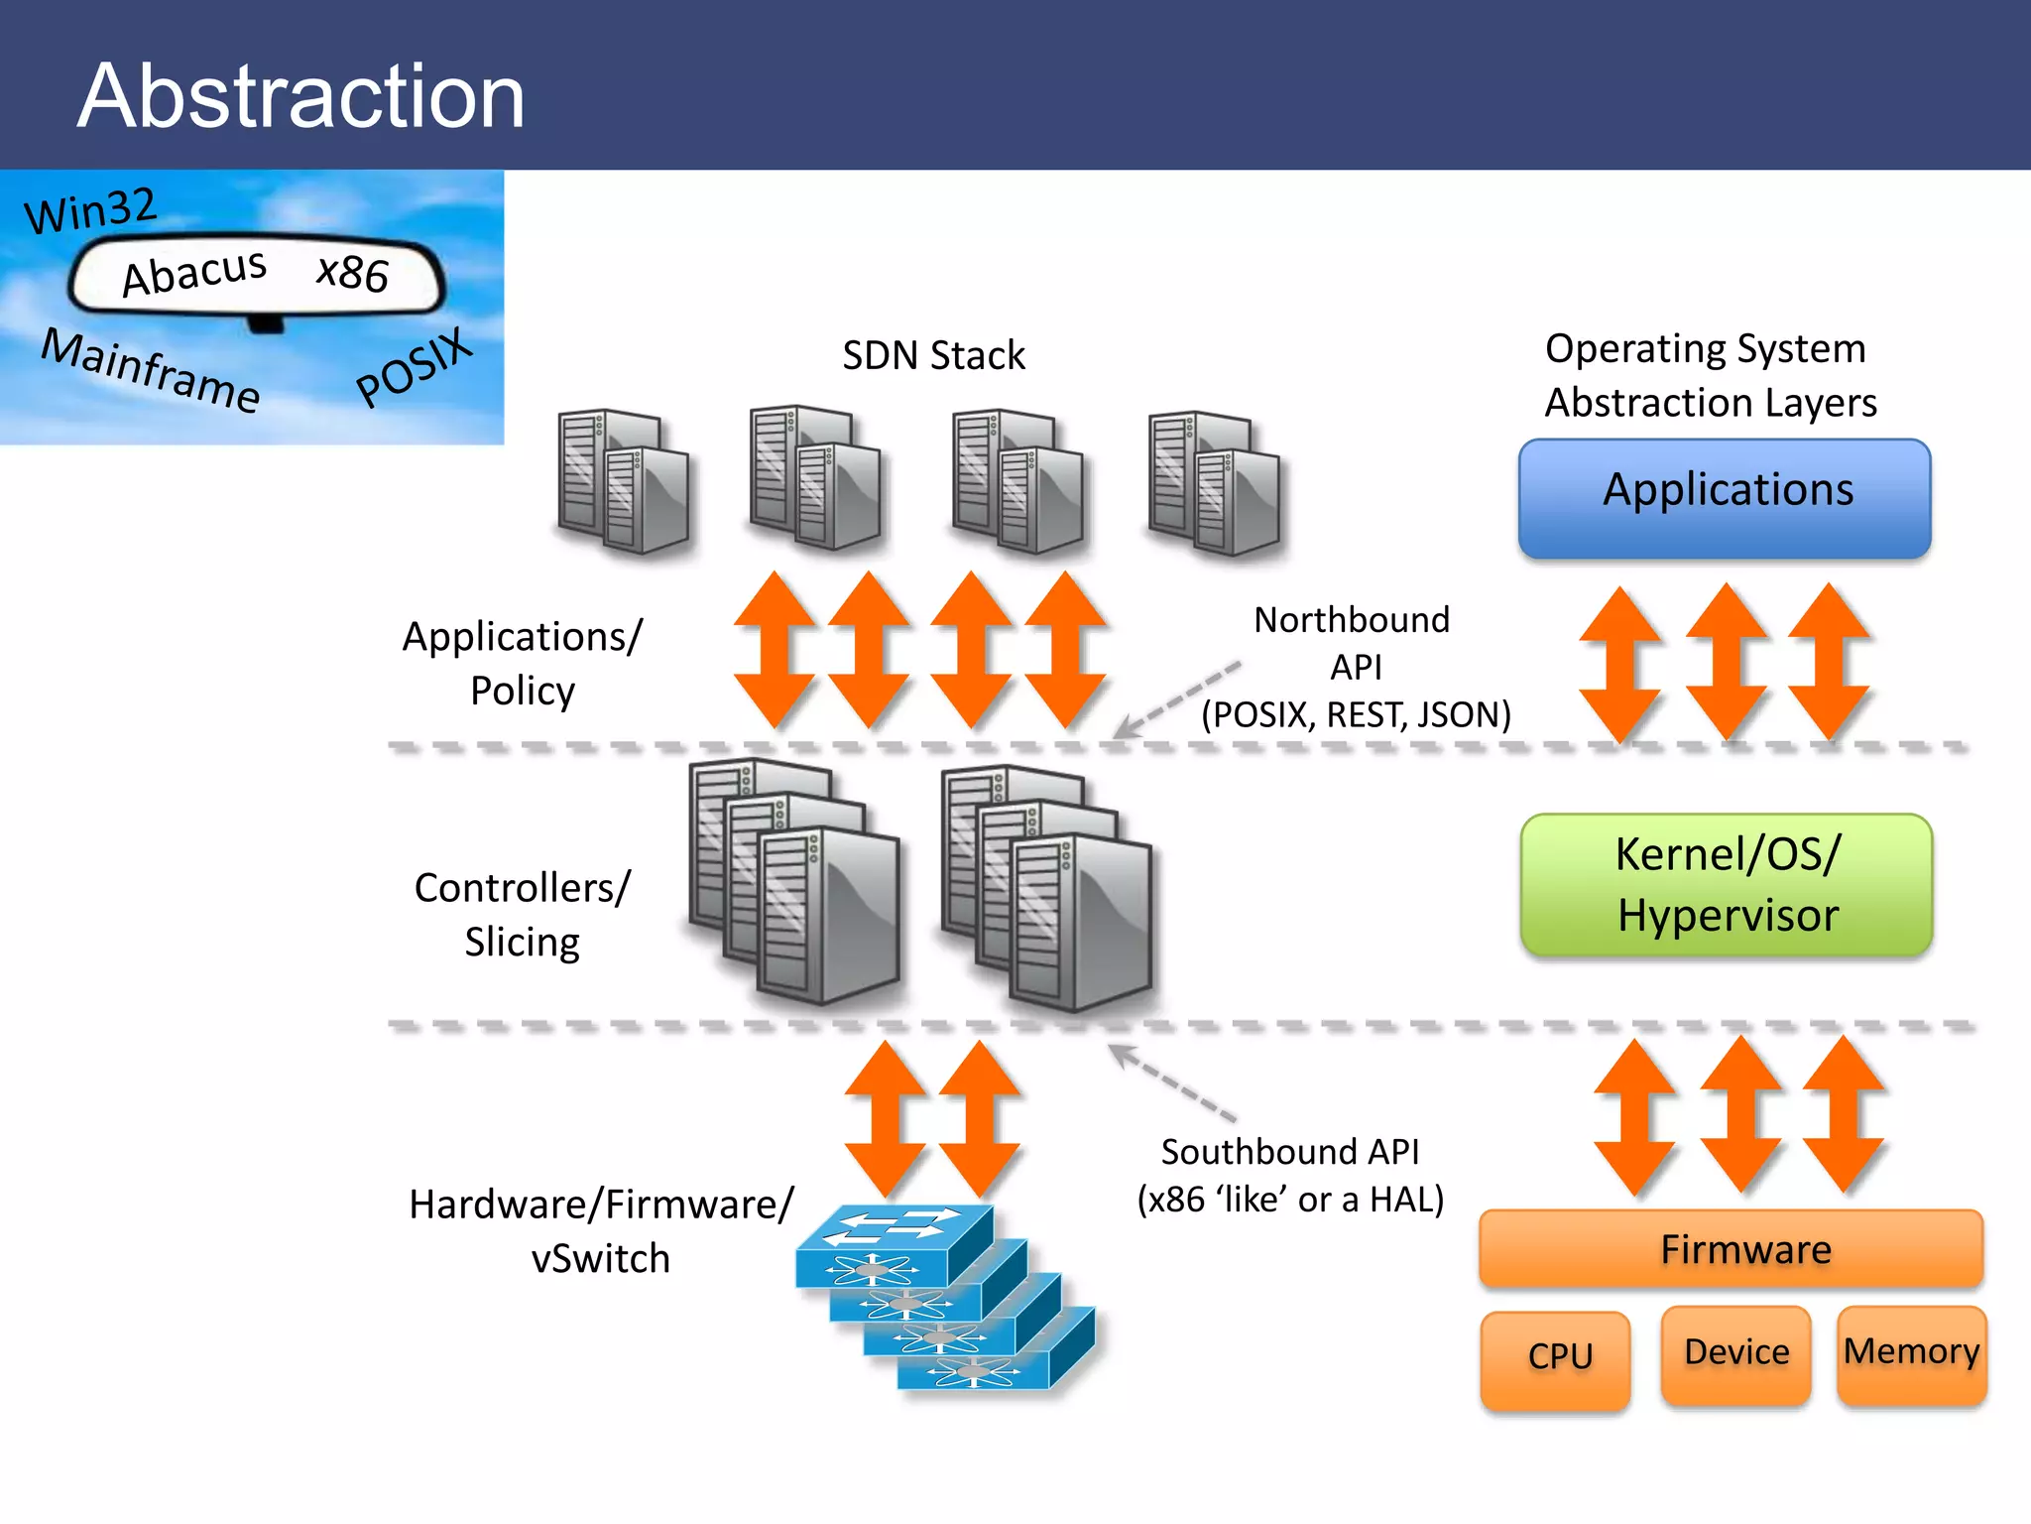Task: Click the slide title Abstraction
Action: pos(300,96)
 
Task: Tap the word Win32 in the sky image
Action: pos(91,210)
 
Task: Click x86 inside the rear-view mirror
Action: pos(352,273)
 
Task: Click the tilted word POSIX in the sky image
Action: pos(414,367)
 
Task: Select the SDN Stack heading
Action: pos(933,355)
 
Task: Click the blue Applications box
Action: pos(1725,498)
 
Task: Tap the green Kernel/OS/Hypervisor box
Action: pos(1727,884)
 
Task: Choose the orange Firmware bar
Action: pos(1731,1249)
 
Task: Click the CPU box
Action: pos(1556,1358)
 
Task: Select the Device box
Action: pos(1735,1353)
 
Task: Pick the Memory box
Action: pos(1911,1353)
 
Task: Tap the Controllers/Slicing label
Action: pos(523,914)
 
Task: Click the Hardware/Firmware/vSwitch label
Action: pos(601,1230)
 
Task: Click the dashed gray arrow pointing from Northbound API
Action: pos(1177,699)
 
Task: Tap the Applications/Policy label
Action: pos(523,663)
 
